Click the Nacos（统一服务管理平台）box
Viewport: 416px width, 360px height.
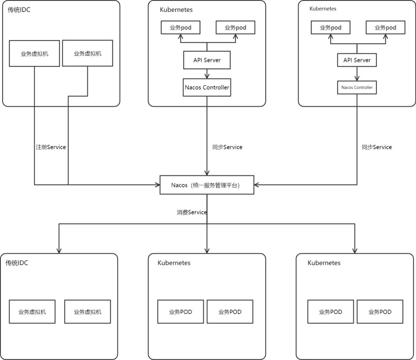pyautogui.click(x=207, y=185)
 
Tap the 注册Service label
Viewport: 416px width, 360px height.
pyautogui.click(x=51, y=147)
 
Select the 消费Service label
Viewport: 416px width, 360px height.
pyautogui.click(x=191, y=212)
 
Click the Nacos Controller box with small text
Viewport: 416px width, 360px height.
pyautogui.click(x=357, y=87)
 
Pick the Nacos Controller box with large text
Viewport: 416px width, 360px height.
pyautogui.click(x=207, y=87)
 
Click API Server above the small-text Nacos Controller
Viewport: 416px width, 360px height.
pyautogui.click(x=357, y=60)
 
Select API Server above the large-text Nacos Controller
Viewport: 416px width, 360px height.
pyautogui.click(x=207, y=60)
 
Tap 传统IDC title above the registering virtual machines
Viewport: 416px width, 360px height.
pyautogui.click(x=19, y=10)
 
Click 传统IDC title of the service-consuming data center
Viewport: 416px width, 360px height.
pyautogui.click(x=17, y=263)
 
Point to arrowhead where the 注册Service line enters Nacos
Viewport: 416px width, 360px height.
pyautogui.click(x=158, y=185)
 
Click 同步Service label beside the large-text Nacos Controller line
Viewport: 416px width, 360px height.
pyautogui.click(x=227, y=147)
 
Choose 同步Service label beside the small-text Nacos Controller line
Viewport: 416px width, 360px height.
pyautogui.click(x=377, y=147)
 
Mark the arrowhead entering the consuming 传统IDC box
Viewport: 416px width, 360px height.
pyautogui.click(x=59, y=251)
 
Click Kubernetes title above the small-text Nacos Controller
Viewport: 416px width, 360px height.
pyautogui.click(x=323, y=9)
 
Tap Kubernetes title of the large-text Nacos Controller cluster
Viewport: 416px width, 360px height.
pyautogui.click(x=176, y=10)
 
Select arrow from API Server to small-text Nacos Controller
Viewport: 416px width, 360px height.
pyautogui.click(x=357, y=74)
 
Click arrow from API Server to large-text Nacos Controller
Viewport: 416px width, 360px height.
pyautogui.click(x=207, y=74)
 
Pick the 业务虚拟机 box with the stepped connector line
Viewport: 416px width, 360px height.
pyautogui.click(x=87, y=53)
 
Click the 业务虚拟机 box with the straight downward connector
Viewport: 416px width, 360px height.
pyautogui.click(x=34, y=53)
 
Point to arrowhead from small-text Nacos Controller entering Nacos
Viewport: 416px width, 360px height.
pyautogui.click(x=256, y=185)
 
